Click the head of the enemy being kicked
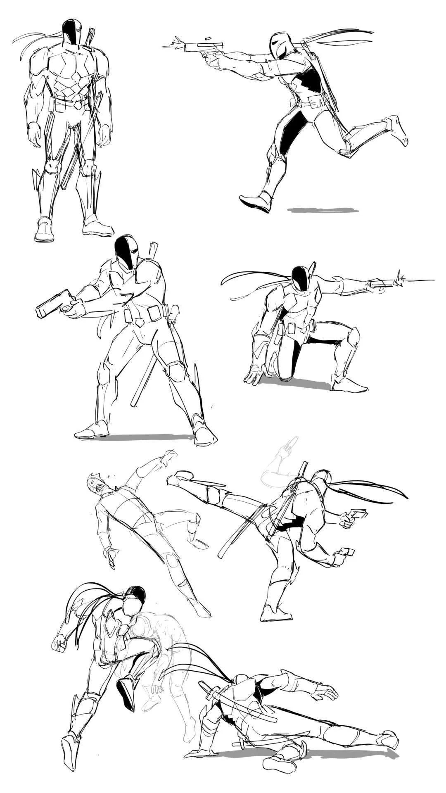[x=94, y=483]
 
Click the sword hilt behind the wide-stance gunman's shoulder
[x=154, y=250]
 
